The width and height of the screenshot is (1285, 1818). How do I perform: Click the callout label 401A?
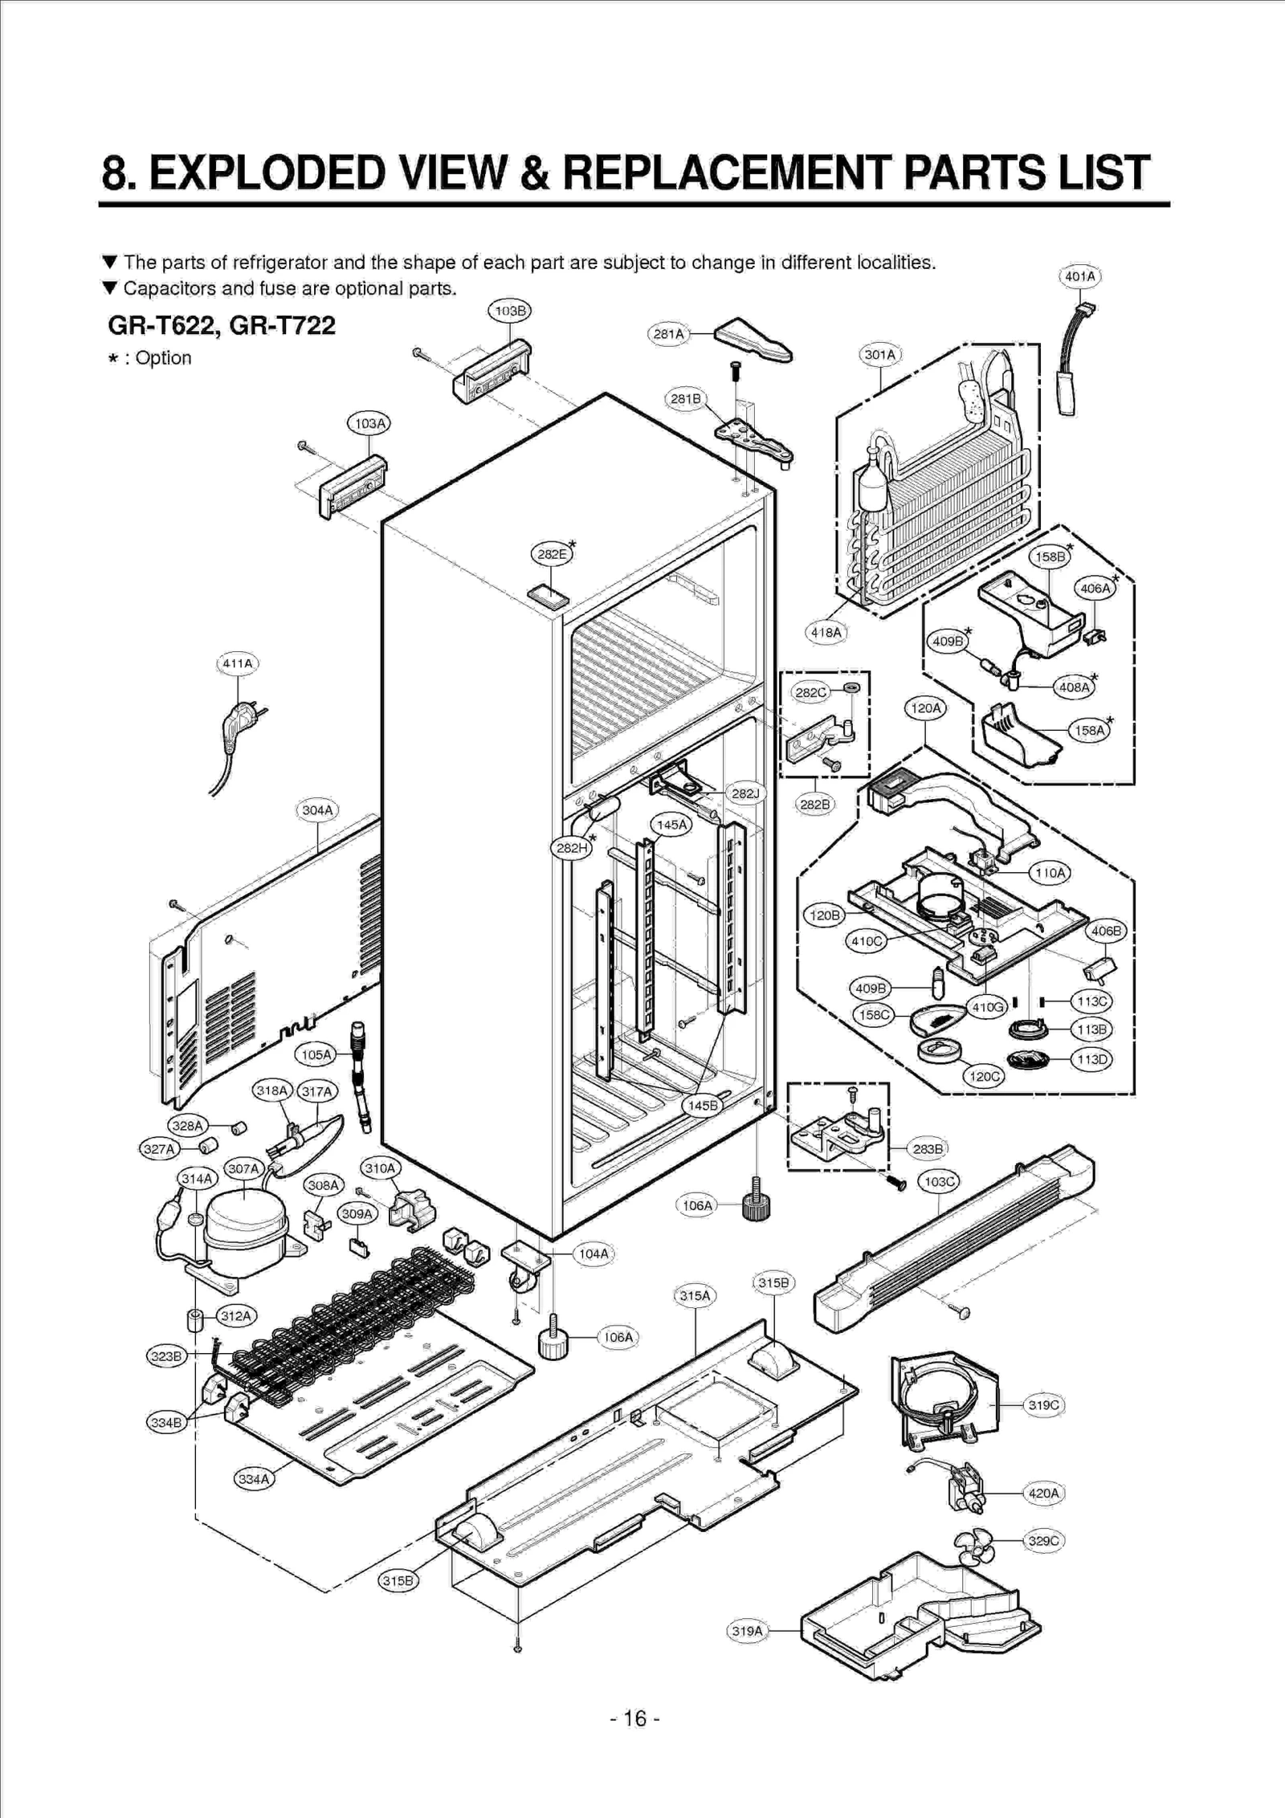(1079, 277)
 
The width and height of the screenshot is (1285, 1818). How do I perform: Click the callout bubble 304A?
(317, 810)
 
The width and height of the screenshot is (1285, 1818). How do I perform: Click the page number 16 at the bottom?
(634, 1718)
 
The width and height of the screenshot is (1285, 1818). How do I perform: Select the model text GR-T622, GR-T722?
(222, 325)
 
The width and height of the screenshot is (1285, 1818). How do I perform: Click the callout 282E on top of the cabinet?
(552, 554)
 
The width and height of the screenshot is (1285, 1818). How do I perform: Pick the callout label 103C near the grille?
(939, 1181)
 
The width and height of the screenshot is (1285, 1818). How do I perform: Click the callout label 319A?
(747, 1631)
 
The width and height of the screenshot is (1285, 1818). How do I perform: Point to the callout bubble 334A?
(254, 1478)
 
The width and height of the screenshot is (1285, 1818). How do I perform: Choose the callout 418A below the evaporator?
(826, 632)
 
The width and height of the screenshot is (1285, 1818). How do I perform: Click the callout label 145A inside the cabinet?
(671, 825)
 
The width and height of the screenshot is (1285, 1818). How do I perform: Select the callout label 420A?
(1043, 1493)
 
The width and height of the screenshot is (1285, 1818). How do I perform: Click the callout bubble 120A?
(925, 708)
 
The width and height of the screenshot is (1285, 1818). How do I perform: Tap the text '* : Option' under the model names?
(150, 358)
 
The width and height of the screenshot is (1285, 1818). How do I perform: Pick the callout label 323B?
(166, 1356)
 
